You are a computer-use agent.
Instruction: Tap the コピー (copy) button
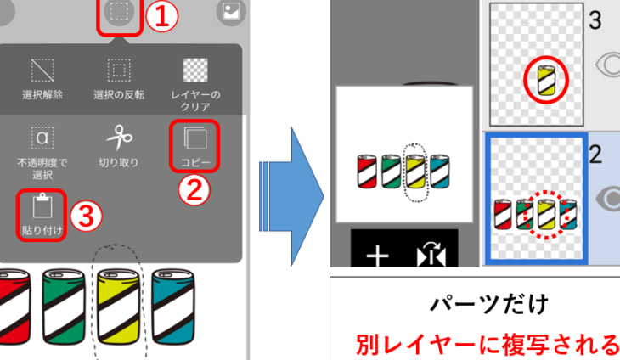coord(194,146)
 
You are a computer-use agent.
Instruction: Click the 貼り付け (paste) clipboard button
coord(42,215)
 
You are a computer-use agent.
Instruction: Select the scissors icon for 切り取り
coord(119,138)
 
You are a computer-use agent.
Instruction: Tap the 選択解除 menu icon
coord(42,70)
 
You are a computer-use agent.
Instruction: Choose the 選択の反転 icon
coord(119,70)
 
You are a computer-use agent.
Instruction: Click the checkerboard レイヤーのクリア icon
coord(195,70)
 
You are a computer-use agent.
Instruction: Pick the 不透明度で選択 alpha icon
coord(42,138)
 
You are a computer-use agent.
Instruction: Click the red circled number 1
coord(162,17)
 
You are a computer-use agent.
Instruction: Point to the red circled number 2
coord(194,190)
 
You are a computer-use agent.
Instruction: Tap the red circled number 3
coord(86,217)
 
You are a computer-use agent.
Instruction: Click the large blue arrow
coord(291,196)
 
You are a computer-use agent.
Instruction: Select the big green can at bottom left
coord(64,307)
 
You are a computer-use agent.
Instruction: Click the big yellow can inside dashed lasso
coord(118,307)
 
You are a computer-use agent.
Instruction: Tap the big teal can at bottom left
coord(173,307)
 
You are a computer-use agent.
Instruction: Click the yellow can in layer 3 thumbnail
coord(546,80)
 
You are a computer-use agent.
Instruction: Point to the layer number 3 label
coord(595,20)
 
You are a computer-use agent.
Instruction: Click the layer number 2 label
coord(595,155)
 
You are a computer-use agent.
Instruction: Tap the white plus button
coord(377,256)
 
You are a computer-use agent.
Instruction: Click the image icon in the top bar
coord(231,11)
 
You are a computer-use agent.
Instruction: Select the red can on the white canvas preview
coord(367,172)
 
